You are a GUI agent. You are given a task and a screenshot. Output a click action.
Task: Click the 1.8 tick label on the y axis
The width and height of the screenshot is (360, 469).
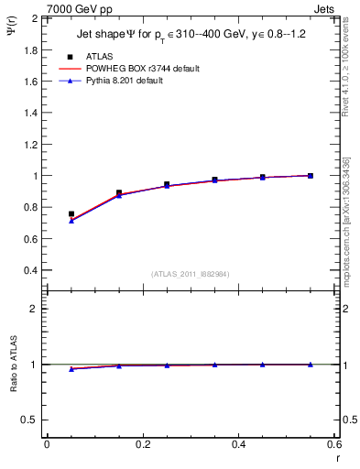click(31, 49)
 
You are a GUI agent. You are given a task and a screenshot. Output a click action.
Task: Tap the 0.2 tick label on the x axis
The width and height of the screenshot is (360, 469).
click(142, 444)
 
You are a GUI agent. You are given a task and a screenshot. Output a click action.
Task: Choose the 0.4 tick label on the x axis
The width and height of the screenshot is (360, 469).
click(238, 444)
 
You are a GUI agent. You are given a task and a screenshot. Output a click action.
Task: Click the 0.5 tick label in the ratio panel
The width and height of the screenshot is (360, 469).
click(31, 420)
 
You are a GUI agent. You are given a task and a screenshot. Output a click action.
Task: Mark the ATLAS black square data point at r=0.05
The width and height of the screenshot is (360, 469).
click(71, 214)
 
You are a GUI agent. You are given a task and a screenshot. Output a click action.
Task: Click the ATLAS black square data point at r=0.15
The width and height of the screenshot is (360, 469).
click(119, 193)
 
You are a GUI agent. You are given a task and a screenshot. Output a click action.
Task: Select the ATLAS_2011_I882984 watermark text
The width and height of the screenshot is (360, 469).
click(191, 274)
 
